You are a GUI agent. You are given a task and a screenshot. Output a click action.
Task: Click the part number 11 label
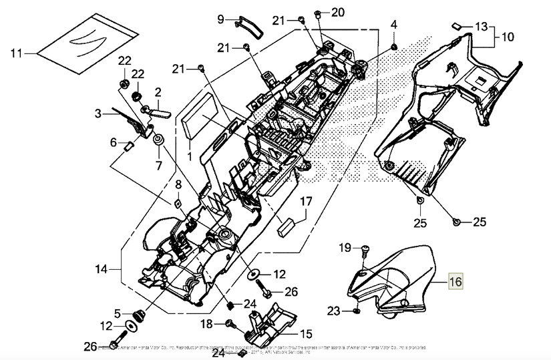point(17,51)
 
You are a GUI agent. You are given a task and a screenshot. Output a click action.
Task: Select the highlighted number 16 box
point(455,283)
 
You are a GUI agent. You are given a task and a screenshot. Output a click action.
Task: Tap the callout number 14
point(101,270)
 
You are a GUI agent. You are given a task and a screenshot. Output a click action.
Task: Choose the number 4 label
point(394,25)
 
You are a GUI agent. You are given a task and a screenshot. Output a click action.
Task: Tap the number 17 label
point(305,201)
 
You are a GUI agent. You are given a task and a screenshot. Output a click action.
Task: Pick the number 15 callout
point(306,333)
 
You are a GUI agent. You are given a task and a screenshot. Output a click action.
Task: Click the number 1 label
point(188,156)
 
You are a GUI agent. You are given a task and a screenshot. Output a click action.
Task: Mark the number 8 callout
point(178,185)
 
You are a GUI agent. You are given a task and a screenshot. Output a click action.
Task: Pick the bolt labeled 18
point(230,324)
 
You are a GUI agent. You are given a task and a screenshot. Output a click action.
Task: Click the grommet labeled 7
point(159,142)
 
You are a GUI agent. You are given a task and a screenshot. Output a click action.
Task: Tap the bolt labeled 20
point(319,14)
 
